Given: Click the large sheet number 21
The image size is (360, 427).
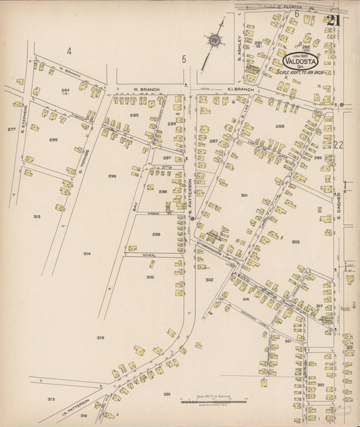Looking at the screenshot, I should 331,21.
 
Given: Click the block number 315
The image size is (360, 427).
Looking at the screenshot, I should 100,337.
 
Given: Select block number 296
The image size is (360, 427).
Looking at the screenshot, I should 112,176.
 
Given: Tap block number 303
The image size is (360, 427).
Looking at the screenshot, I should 295,241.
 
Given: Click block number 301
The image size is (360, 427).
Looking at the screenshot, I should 244,195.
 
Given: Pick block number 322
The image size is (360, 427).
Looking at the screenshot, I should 321,384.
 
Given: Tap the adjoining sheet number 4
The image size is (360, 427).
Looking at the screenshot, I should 68,51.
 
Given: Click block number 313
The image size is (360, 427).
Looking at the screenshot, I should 51,399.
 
